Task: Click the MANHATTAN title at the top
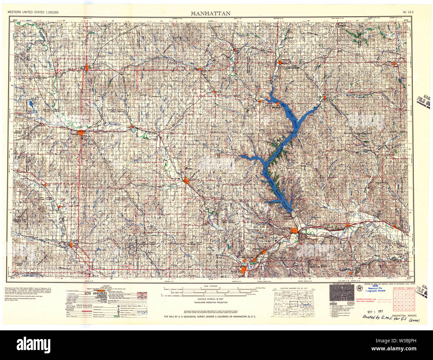click(x=211, y=13)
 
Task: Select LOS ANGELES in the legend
click(x=96, y=293)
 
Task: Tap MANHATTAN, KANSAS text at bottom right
click(x=404, y=315)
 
